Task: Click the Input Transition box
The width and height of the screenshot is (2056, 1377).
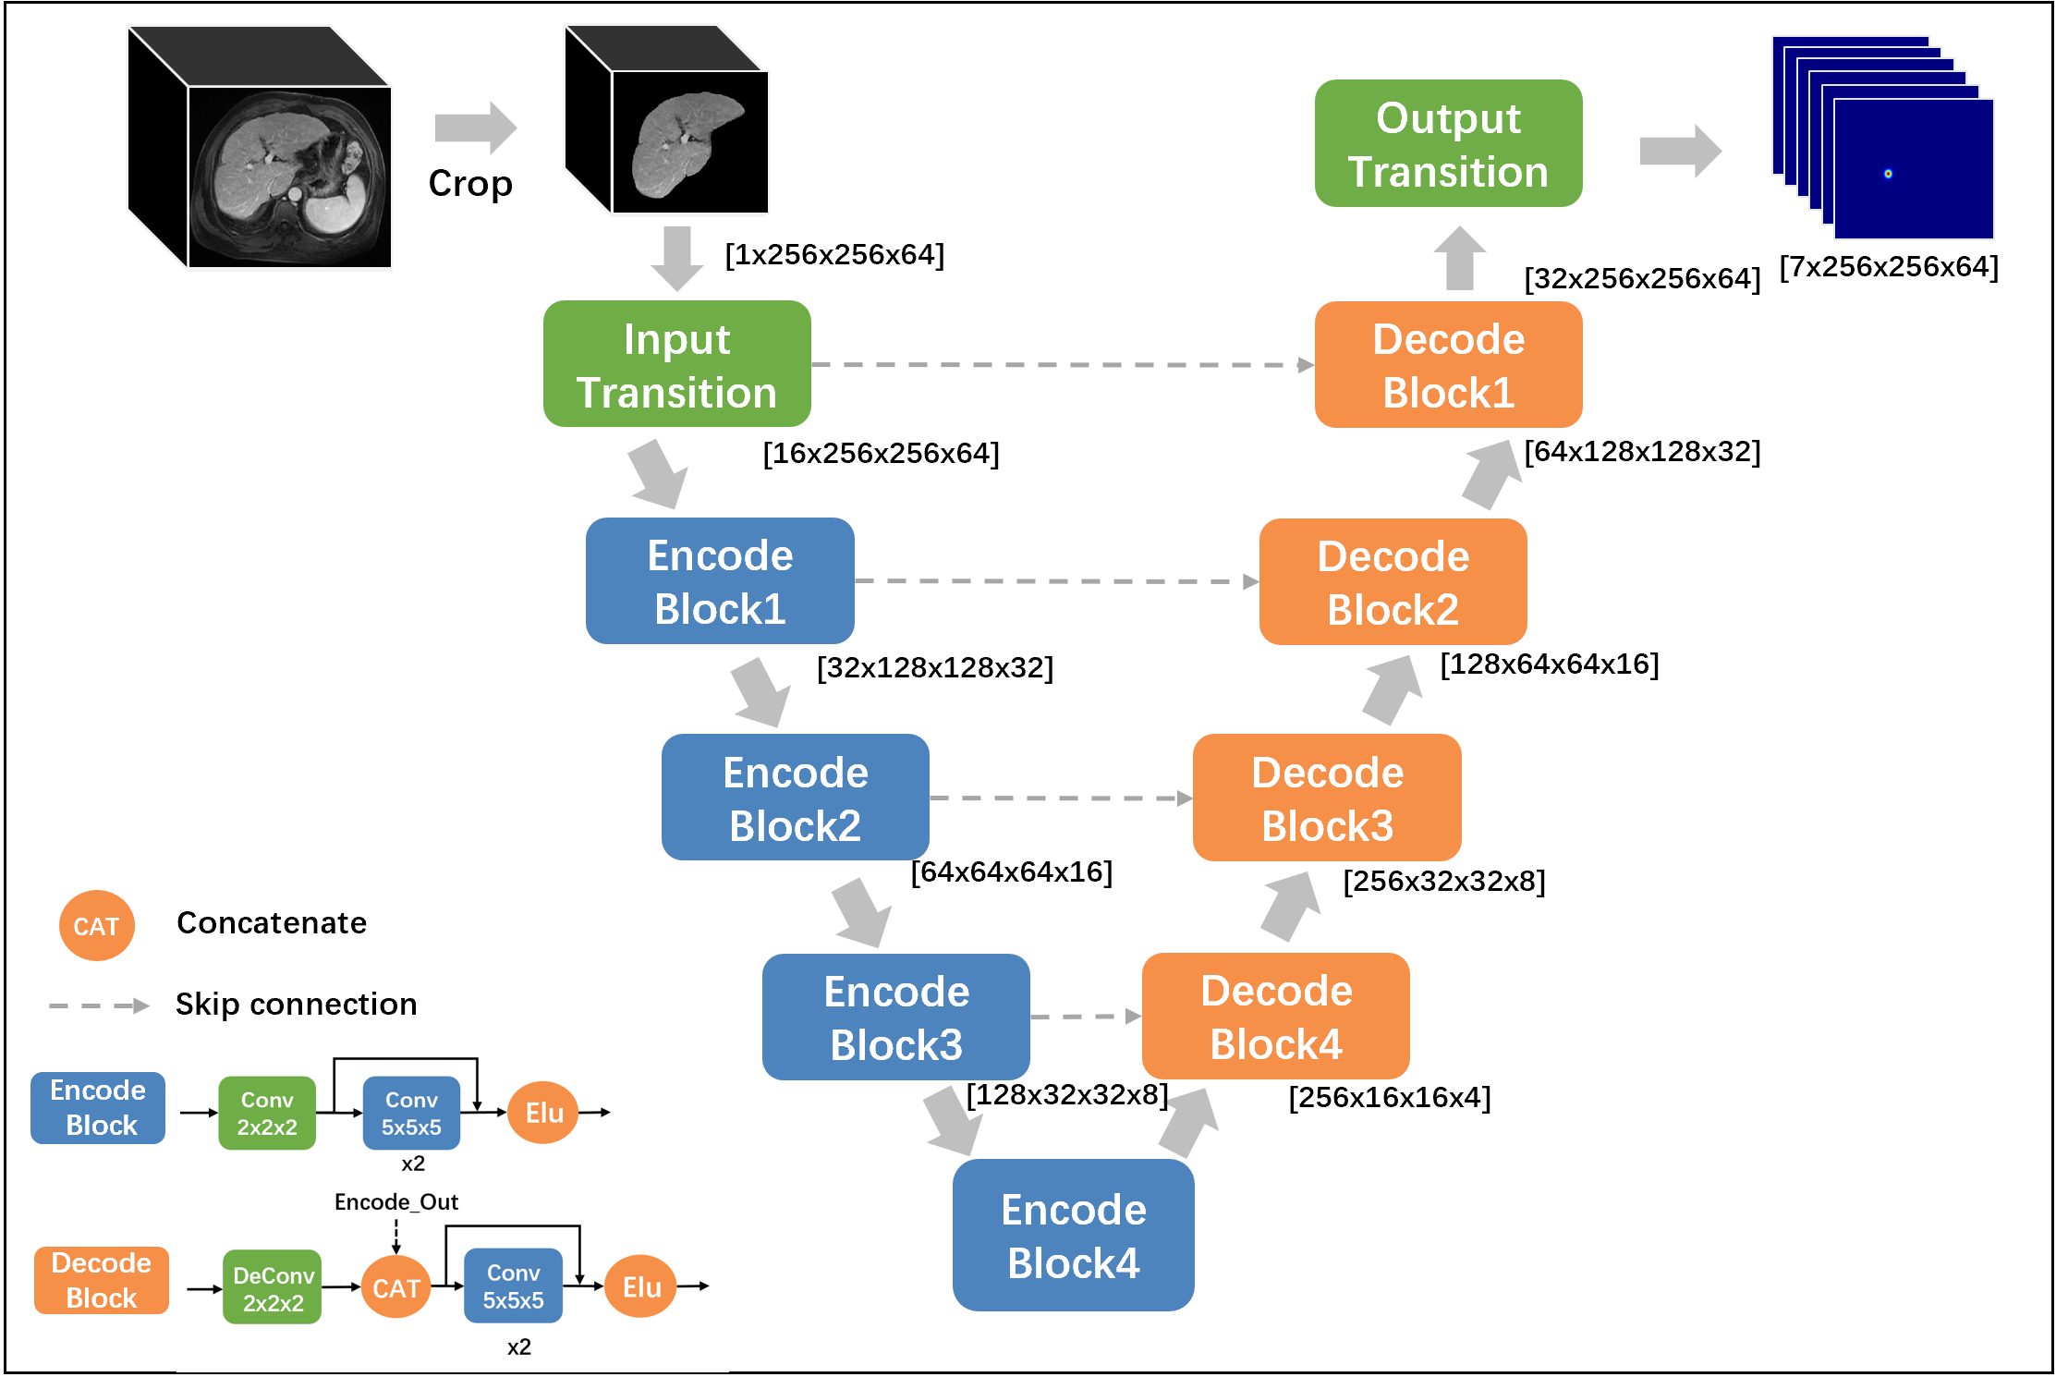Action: (676, 364)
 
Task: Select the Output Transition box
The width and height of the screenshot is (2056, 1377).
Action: (1448, 144)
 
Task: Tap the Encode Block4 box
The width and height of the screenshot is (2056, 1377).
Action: (1073, 1236)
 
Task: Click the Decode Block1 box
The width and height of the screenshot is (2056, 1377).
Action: (1448, 365)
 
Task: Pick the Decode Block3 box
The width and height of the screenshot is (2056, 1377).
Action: (1327, 798)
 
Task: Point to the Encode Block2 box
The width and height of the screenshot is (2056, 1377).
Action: (795, 798)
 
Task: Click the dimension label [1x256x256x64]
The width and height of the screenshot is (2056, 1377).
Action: (834, 255)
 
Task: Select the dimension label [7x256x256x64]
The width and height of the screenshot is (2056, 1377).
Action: (1889, 267)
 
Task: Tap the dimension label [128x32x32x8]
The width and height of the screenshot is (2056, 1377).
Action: (1067, 1095)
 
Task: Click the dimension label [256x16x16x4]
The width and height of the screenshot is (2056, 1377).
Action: (1390, 1098)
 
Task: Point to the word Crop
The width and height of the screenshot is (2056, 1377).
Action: (470, 184)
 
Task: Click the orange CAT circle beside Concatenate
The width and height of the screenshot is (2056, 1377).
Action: (96, 926)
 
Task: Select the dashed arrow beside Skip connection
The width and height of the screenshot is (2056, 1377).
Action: (99, 1005)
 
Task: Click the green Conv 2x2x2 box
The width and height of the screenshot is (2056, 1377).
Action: (267, 1114)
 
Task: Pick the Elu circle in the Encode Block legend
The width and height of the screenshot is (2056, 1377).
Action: (543, 1113)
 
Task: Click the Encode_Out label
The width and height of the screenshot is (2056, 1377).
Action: (396, 1202)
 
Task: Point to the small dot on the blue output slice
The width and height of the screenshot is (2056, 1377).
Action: (1888, 174)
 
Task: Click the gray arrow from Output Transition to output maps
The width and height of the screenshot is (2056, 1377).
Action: (1680, 151)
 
